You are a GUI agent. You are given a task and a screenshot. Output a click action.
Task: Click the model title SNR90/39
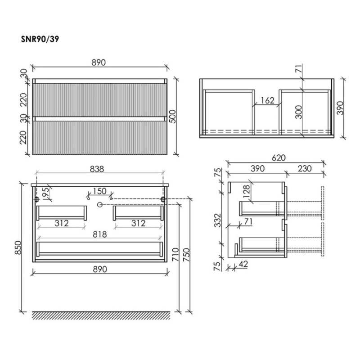pyautogui.click(x=40, y=39)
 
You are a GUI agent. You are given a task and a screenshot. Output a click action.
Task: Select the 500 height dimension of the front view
pyautogui.click(x=172, y=117)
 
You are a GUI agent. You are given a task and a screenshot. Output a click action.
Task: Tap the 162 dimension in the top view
pyautogui.click(x=268, y=100)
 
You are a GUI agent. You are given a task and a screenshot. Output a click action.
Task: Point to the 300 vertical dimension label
pyautogui.click(x=298, y=112)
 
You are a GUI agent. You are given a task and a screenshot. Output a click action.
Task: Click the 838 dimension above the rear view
pyautogui.click(x=97, y=169)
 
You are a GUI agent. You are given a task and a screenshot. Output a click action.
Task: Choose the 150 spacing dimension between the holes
pyautogui.click(x=99, y=191)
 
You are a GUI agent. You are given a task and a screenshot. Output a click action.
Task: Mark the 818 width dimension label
pyautogui.click(x=100, y=234)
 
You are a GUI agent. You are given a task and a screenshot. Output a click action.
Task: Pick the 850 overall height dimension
pyautogui.click(x=18, y=247)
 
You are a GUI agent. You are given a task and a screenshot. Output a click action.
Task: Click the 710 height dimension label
pyautogui.click(x=175, y=254)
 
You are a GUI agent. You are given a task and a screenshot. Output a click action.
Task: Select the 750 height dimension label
pyautogui.click(x=186, y=255)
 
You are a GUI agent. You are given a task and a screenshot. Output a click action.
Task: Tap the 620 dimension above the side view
pyautogui.click(x=279, y=158)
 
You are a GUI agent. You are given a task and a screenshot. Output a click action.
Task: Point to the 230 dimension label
pyautogui.click(x=305, y=168)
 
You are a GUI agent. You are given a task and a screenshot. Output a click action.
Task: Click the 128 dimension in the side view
pyautogui.click(x=246, y=192)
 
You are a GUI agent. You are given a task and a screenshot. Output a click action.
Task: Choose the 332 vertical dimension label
pyautogui.click(x=217, y=220)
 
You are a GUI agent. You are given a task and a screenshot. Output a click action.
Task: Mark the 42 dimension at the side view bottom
pyautogui.click(x=243, y=264)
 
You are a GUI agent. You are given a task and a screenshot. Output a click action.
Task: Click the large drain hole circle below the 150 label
pyautogui.click(x=99, y=205)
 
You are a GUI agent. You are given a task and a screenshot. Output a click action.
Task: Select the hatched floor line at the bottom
pyautogui.click(x=101, y=315)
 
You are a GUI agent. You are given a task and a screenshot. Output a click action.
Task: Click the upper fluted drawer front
pyautogui.click(x=99, y=100)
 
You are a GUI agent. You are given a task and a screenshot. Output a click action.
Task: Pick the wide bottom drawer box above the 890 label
pyautogui.click(x=99, y=249)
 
